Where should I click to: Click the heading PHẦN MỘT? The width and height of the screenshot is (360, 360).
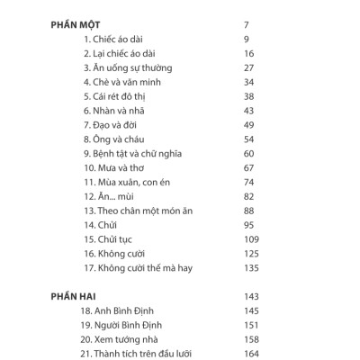coord(76,24)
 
